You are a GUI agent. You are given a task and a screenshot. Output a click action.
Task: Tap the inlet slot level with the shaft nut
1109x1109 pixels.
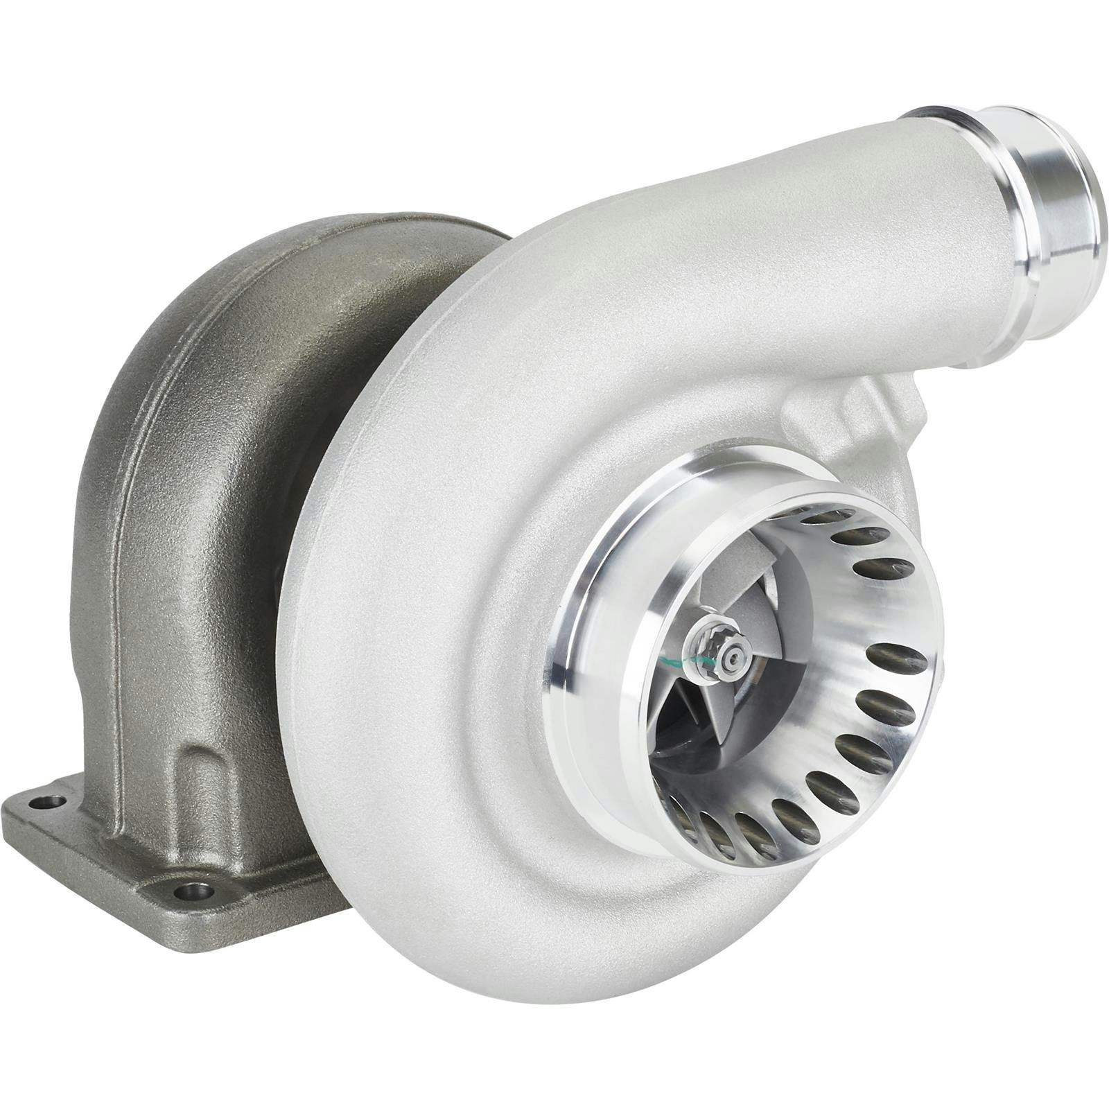[x=887, y=655]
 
